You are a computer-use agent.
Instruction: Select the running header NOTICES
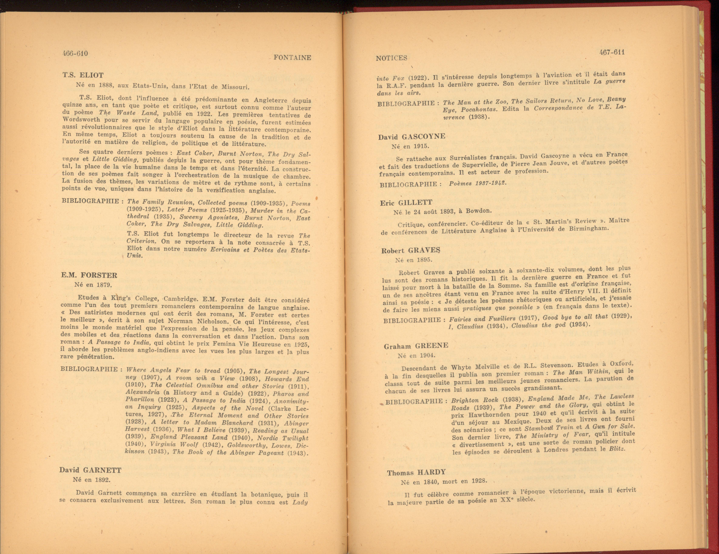(391, 58)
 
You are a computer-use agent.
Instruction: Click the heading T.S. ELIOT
(83, 75)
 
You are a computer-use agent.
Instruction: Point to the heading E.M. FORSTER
(89, 275)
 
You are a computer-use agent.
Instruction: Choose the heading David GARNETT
(90, 470)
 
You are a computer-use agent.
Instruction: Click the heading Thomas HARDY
(416, 472)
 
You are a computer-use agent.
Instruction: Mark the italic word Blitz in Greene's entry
(617, 449)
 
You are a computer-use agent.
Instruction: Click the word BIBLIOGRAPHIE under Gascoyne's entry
(408, 185)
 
